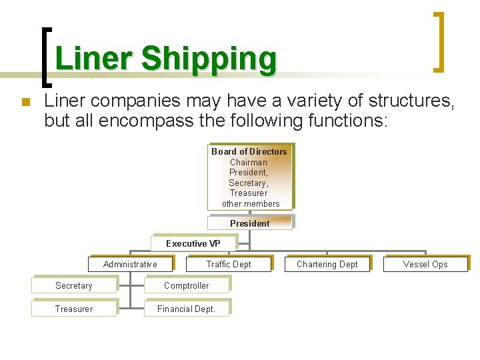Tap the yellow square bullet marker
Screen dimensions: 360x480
(x=26, y=102)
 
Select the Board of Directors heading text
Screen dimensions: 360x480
(x=249, y=151)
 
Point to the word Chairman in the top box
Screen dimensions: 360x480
(x=249, y=162)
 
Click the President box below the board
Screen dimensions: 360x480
(x=250, y=223)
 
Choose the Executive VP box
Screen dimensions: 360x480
(x=193, y=243)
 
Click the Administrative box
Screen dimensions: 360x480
(x=130, y=264)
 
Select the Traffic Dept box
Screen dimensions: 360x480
(x=229, y=264)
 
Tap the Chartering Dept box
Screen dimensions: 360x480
(x=327, y=264)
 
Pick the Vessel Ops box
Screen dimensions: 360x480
(x=425, y=264)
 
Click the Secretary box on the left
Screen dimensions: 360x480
(x=73, y=285)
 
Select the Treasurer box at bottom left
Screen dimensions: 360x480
(x=73, y=309)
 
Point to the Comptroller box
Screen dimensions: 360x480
(x=186, y=285)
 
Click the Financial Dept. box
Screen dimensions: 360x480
(x=186, y=309)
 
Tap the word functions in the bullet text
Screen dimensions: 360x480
(x=345, y=121)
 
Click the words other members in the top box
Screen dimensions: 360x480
(x=251, y=203)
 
